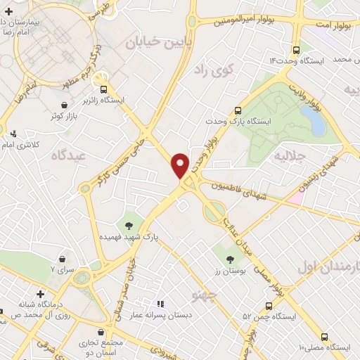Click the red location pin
pyautogui.click(x=181, y=164)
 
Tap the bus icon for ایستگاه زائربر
pyautogui.click(x=104, y=89)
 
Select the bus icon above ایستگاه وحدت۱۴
pyautogui.click(x=296, y=51)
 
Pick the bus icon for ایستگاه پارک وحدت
pyautogui.click(x=238, y=110)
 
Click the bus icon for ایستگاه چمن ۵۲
pyautogui.click(x=269, y=306)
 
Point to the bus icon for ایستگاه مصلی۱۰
pyautogui.click(x=323, y=337)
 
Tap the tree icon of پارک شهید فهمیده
pyautogui.click(x=129, y=225)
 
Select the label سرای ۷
pyautogui.click(x=62, y=269)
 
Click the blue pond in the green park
pyautogui.click(x=317, y=122)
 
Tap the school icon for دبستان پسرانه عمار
pyautogui.click(x=161, y=304)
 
